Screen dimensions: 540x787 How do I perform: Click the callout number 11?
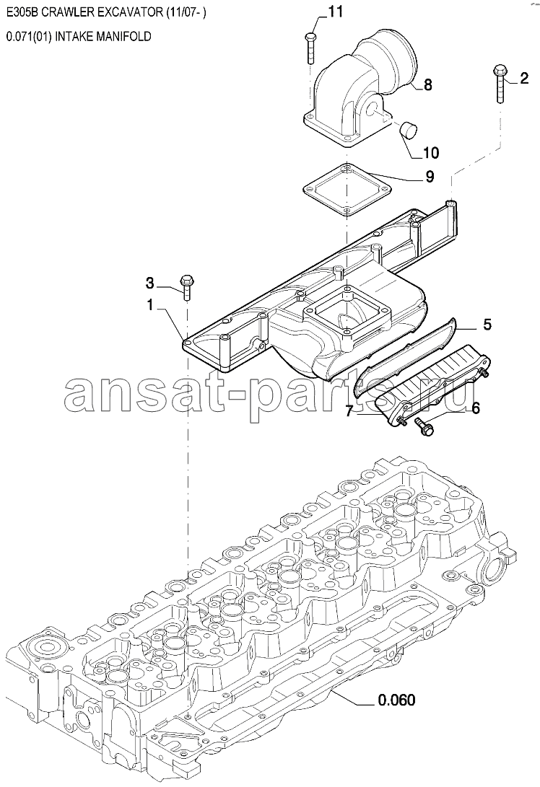point(336,12)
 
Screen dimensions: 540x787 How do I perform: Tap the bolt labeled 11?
point(310,48)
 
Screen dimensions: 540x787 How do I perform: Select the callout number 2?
point(523,79)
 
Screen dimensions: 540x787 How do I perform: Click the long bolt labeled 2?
point(500,84)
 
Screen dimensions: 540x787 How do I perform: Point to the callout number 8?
point(427,85)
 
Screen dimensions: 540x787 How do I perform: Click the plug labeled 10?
point(409,129)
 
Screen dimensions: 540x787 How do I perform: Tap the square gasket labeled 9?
point(347,190)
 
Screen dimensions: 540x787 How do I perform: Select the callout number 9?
point(430,177)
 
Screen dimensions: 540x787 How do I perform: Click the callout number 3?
point(149,283)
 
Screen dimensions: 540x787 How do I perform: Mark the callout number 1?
point(149,304)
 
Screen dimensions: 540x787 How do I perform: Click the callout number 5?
point(487,324)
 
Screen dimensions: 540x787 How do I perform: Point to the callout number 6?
point(475,408)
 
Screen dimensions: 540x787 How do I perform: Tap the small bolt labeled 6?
point(424,427)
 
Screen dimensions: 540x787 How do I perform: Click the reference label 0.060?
point(397,699)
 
